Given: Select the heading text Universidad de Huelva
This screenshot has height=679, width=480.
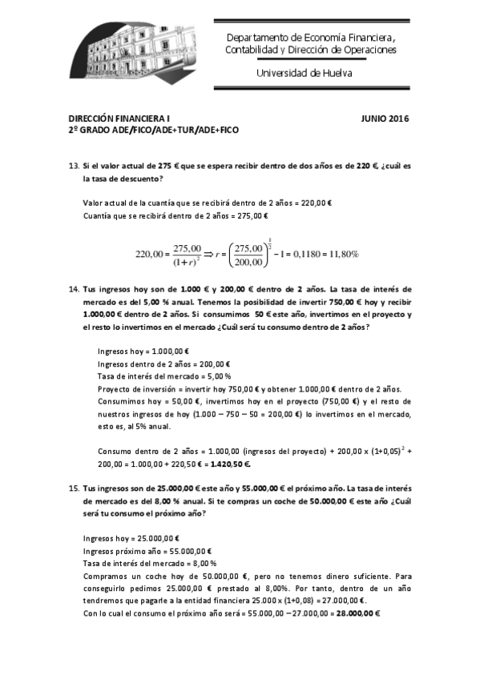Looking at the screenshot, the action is [x=304, y=73].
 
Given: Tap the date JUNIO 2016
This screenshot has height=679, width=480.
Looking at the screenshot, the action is [x=385, y=119].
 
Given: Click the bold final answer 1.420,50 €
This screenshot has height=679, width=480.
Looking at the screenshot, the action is [x=228, y=463].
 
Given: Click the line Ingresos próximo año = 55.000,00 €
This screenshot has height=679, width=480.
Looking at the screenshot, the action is [x=147, y=551].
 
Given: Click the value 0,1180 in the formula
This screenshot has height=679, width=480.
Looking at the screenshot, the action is [x=301, y=254].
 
